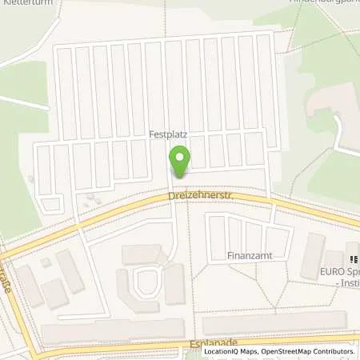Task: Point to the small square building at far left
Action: [x=46, y=262]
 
